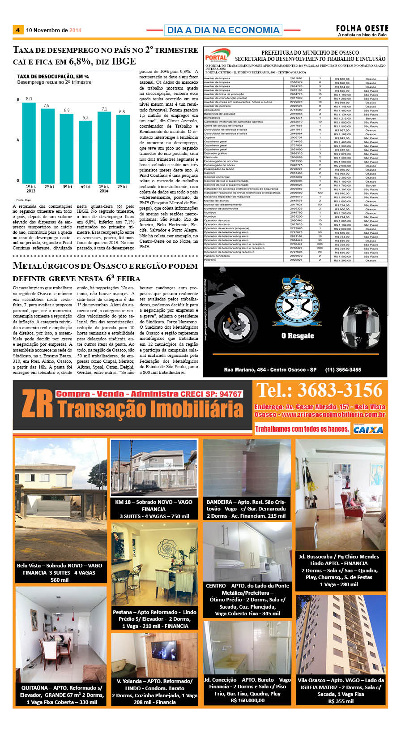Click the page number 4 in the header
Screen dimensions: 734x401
[x=17, y=30]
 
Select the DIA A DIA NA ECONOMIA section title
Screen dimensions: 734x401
[x=223, y=30]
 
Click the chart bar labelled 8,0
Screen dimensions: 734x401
[x=29, y=142]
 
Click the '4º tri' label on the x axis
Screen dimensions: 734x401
[x=85, y=187]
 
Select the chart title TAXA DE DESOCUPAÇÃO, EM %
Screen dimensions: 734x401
[x=53, y=77]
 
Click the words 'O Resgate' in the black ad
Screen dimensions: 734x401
[x=298, y=336]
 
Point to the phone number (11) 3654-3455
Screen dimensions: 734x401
[x=343, y=369]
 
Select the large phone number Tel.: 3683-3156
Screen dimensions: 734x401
[x=319, y=391]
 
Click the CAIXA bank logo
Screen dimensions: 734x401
[x=368, y=429]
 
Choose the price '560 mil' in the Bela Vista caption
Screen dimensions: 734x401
[x=60, y=579]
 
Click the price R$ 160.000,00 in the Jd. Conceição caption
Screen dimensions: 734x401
[x=247, y=700]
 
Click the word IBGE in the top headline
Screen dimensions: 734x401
[x=124, y=61]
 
